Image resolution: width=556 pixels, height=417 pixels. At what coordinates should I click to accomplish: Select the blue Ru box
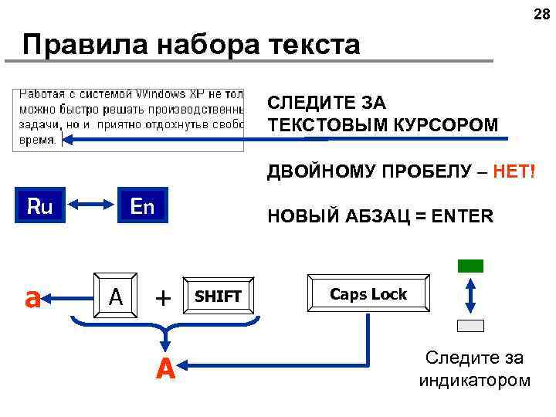(x=39, y=206)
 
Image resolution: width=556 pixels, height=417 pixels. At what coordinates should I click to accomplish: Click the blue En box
(x=142, y=206)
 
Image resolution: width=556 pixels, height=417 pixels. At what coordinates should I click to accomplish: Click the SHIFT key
(x=218, y=296)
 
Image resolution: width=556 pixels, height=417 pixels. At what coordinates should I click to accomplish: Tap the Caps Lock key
(x=368, y=294)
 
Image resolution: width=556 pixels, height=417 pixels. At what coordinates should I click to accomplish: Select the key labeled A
(x=116, y=296)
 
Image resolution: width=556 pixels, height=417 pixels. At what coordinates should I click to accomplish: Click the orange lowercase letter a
(x=32, y=297)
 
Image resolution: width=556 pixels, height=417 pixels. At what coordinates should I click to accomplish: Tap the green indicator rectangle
(x=470, y=266)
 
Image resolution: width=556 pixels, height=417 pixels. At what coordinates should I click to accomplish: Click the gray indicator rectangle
(x=470, y=325)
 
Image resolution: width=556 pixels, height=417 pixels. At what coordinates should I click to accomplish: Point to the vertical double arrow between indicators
(x=470, y=295)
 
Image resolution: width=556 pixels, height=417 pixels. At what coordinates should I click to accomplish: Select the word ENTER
(x=462, y=216)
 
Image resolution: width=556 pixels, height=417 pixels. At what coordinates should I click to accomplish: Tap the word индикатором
(x=474, y=380)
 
